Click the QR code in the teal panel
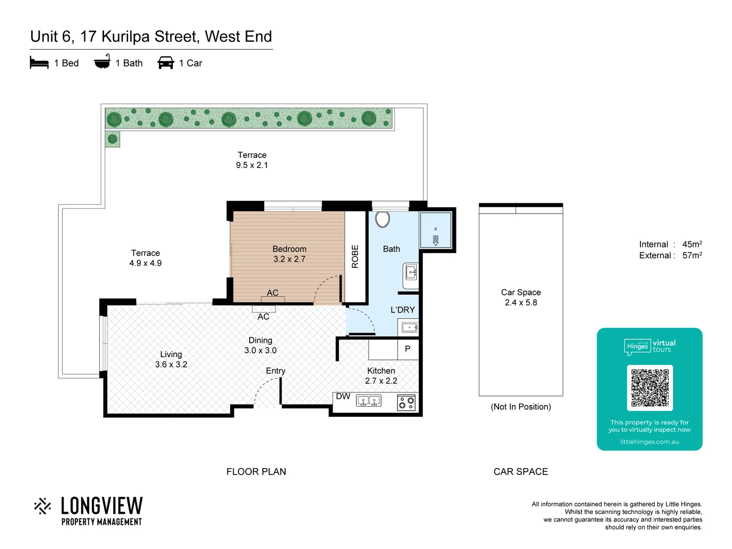650,387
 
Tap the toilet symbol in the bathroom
382,219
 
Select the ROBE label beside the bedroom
355,256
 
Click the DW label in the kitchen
343,396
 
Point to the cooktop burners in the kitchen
406,403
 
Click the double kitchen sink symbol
369,402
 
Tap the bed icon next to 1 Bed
39,63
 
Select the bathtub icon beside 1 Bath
102,62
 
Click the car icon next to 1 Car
166,63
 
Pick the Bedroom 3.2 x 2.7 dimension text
289,259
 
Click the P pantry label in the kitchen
407,349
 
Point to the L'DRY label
403,310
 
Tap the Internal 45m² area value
692,245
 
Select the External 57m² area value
692,256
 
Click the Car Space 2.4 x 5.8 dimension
521,302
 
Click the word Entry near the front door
276,371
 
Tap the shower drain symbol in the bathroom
436,239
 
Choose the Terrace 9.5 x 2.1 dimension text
252,165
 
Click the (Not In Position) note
521,407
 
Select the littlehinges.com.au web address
649,442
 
